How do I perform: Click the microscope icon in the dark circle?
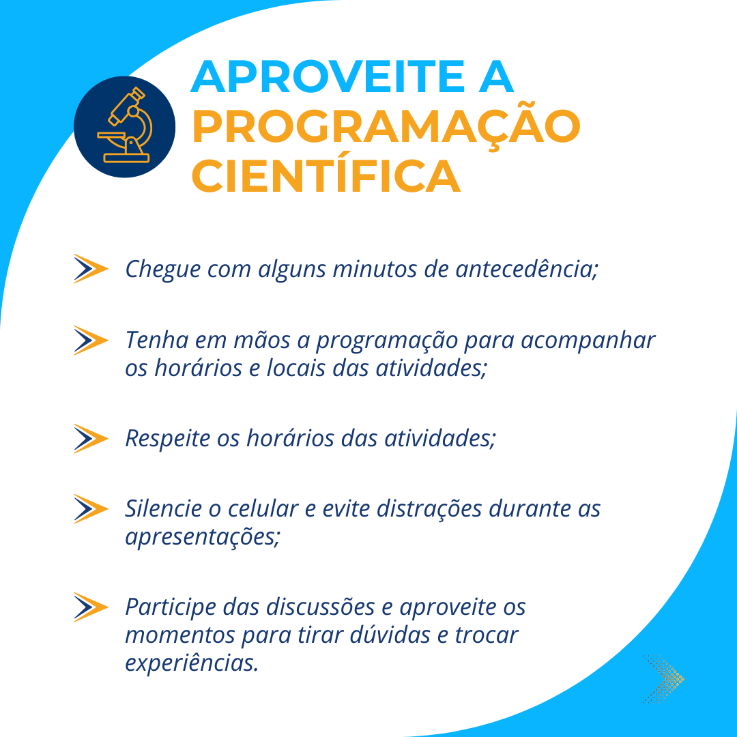pos(125,126)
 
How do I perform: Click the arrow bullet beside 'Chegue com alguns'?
pos(91,268)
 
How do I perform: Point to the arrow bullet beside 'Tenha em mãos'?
pos(91,340)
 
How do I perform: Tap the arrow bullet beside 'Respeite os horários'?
pos(91,438)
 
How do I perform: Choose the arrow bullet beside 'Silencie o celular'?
pos(91,508)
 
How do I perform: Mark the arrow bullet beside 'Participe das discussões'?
pos(91,607)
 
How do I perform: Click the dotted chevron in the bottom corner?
pos(664,679)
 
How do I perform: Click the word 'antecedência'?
pos(526,269)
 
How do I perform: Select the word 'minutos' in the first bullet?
pos(375,270)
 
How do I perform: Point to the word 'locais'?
pos(295,368)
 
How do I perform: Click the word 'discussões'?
pos(320,607)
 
